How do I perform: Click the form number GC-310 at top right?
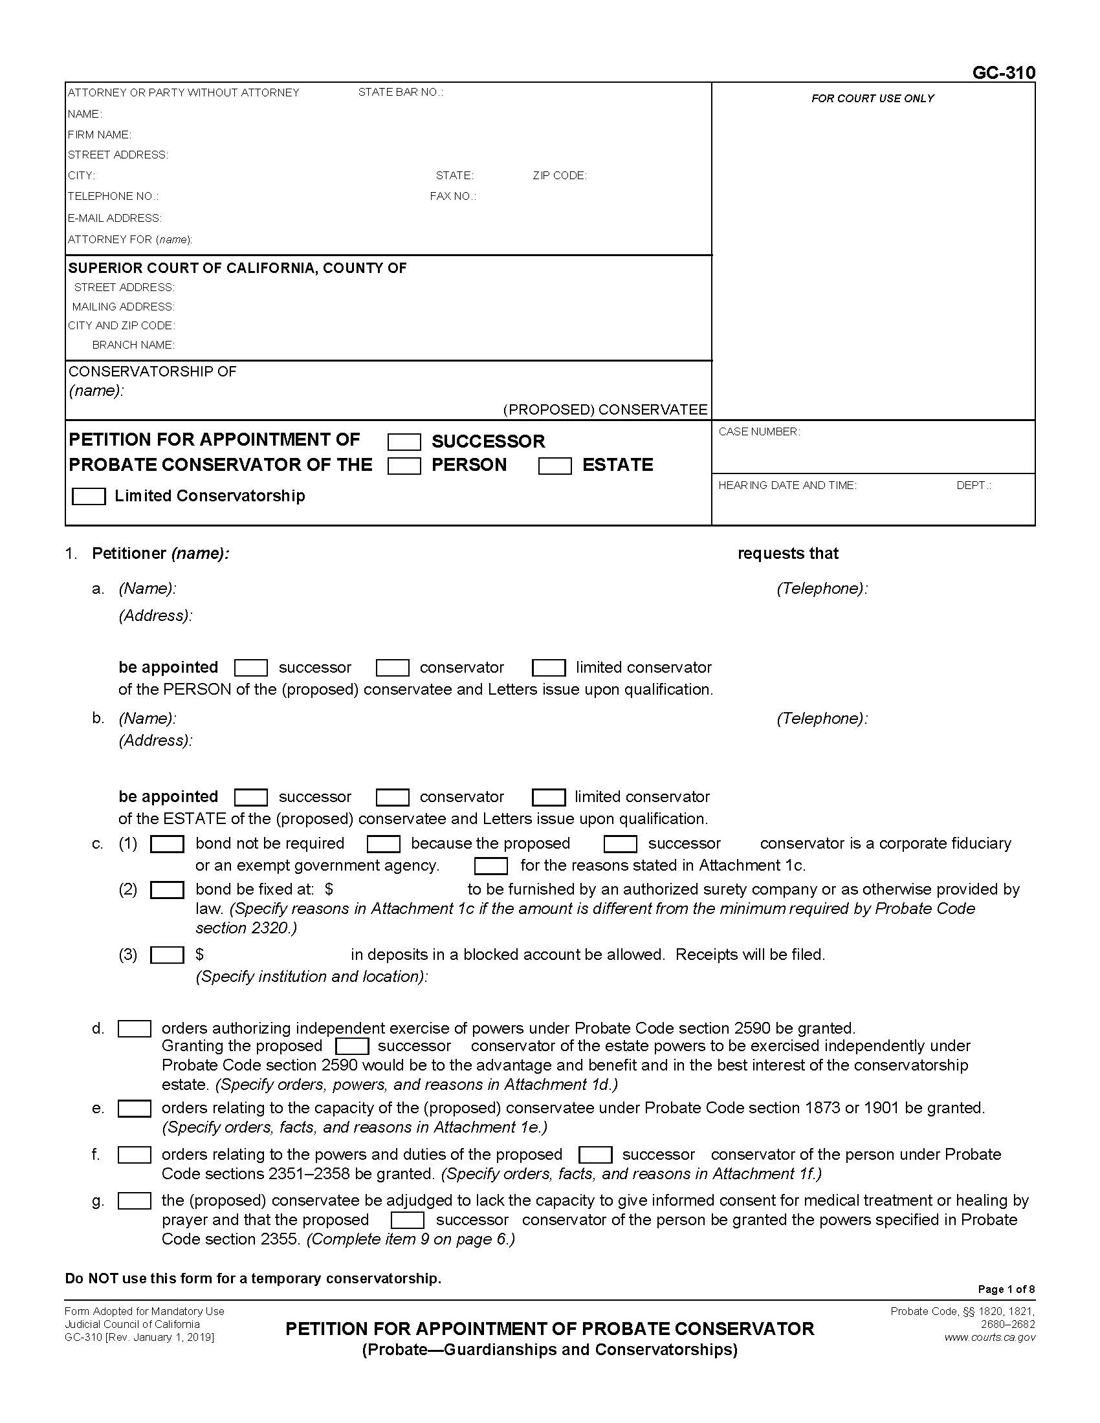(1003, 72)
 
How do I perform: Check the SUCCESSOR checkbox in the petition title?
(404, 442)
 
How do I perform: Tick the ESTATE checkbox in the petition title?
(555, 465)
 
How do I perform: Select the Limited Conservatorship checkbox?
(89, 496)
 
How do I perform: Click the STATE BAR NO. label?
(400, 92)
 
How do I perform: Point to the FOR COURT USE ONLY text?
(872, 98)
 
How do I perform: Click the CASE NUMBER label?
(758, 431)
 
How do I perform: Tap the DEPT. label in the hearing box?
(973, 484)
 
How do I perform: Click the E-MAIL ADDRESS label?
(115, 217)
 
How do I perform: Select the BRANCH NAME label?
(133, 345)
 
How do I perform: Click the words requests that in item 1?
(787, 553)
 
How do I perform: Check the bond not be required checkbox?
(167, 843)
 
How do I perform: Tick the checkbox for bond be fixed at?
(167, 889)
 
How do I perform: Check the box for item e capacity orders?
(134, 1108)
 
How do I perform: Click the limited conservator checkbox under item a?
(549, 668)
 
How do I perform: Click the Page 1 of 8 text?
(1006, 1288)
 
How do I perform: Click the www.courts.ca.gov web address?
(989, 1337)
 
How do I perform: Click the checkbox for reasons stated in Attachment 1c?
(490, 866)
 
